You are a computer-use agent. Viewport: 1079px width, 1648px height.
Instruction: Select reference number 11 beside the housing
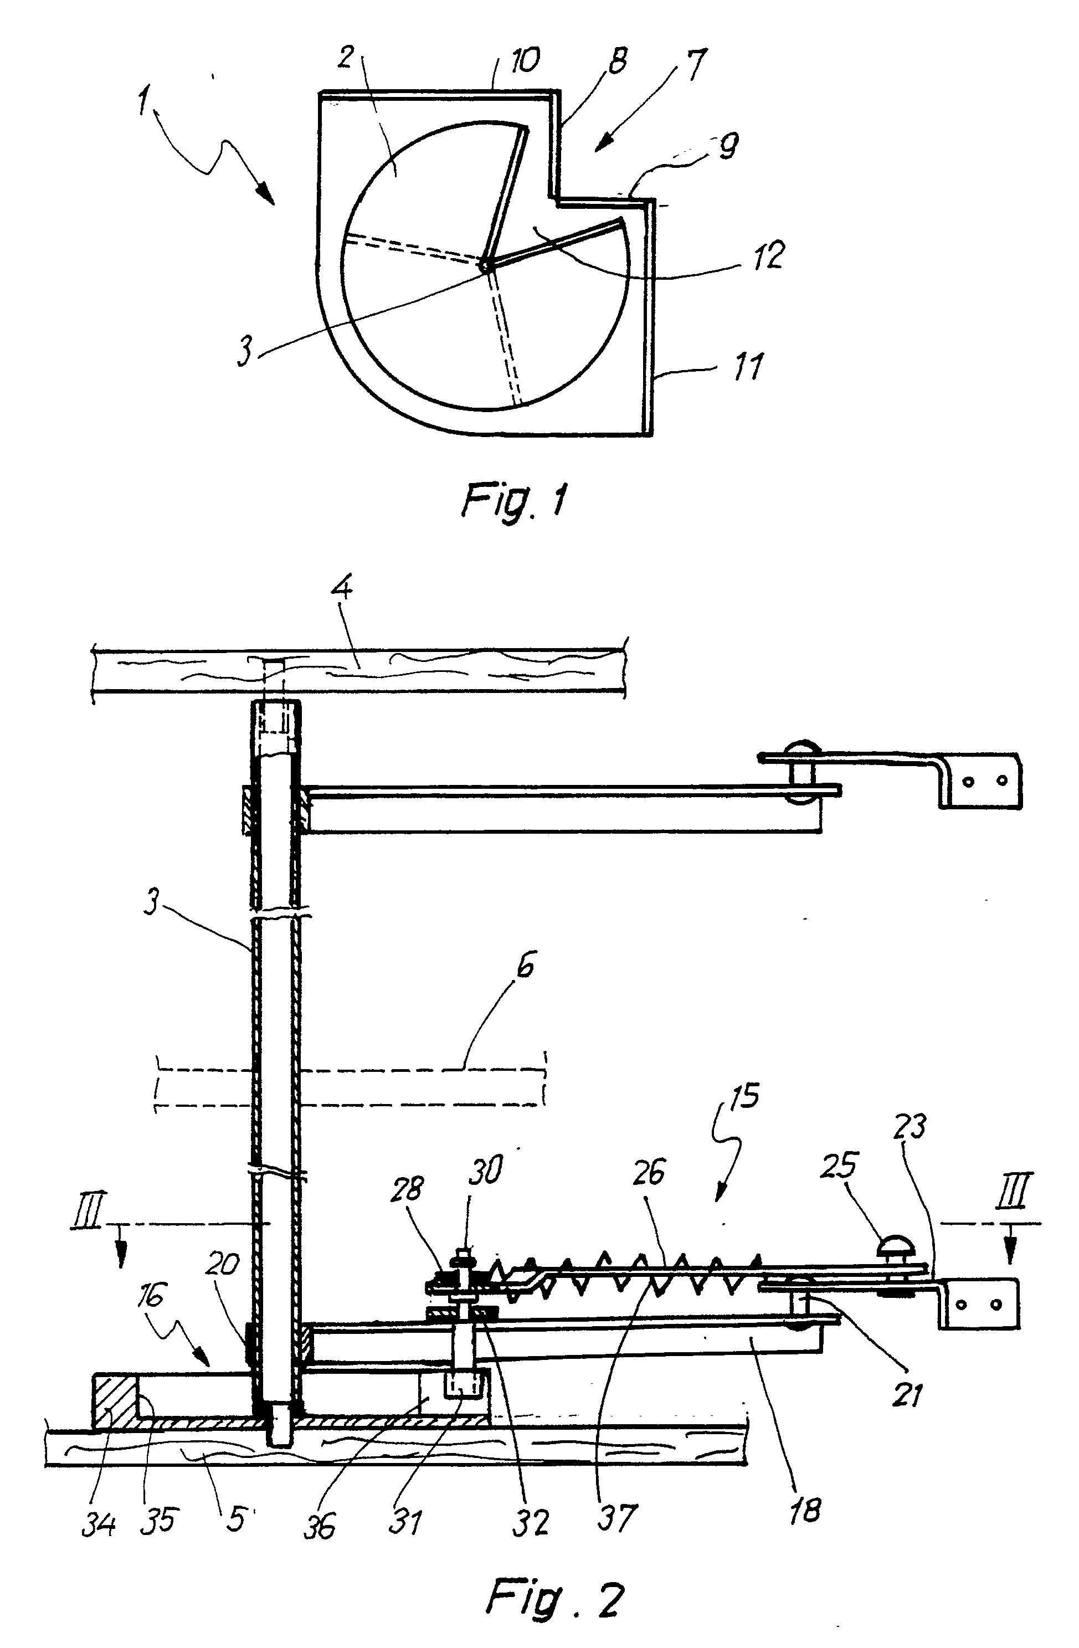coord(747,365)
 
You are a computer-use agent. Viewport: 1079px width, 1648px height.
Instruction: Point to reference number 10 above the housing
coord(524,60)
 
